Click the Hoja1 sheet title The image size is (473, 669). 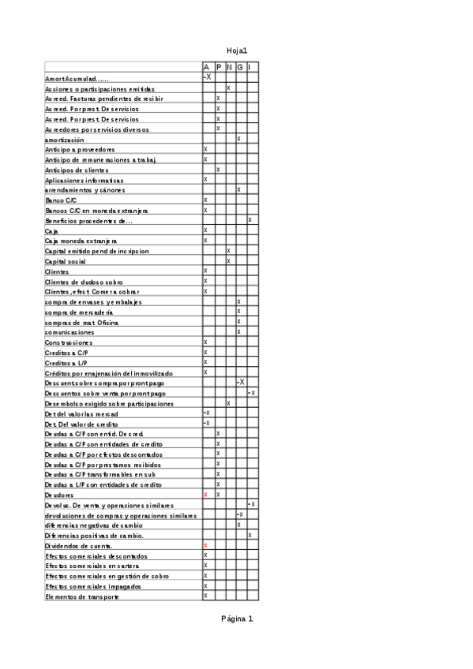pyautogui.click(x=237, y=50)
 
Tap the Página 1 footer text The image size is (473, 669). pyautogui.click(x=237, y=619)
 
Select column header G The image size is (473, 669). pyautogui.click(x=239, y=68)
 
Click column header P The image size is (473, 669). pyautogui.click(x=218, y=68)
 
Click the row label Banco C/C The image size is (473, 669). pyautogui.click(x=61, y=200)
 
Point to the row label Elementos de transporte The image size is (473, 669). pyautogui.click(x=82, y=596)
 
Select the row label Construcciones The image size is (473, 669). pyautogui.click(x=69, y=342)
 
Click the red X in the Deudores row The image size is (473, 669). pyautogui.click(x=205, y=495)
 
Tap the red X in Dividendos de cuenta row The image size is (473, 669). pyautogui.click(x=205, y=545)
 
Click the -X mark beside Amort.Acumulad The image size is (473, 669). pyautogui.click(x=207, y=77)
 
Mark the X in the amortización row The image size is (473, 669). pyautogui.click(x=238, y=139)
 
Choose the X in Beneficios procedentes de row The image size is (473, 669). pyautogui.click(x=250, y=220)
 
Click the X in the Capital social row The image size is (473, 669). pyautogui.click(x=228, y=260)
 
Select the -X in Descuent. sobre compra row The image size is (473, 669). pyautogui.click(x=240, y=383)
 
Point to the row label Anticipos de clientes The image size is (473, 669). pyautogui.click(x=77, y=170)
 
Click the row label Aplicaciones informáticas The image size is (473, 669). pyautogui.click(x=84, y=180)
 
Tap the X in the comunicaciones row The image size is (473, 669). pyautogui.click(x=238, y=332)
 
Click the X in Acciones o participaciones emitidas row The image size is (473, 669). pyautogui.click(x=228, y=88)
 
